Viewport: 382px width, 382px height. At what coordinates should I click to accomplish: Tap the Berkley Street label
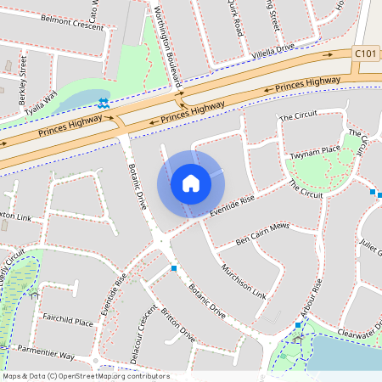(x=23, y=75)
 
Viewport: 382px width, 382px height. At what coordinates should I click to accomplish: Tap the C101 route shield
(x=365, y=53)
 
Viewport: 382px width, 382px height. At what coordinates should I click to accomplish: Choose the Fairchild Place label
(x=67, y=320)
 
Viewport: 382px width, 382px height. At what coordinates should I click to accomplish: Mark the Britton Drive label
(x=178, y=326)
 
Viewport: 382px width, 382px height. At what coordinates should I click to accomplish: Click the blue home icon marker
(x=191, y=183)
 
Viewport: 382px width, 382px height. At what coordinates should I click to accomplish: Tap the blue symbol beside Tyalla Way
(x=103, y=104)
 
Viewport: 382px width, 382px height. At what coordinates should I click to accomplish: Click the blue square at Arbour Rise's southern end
(x=298, y=326)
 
